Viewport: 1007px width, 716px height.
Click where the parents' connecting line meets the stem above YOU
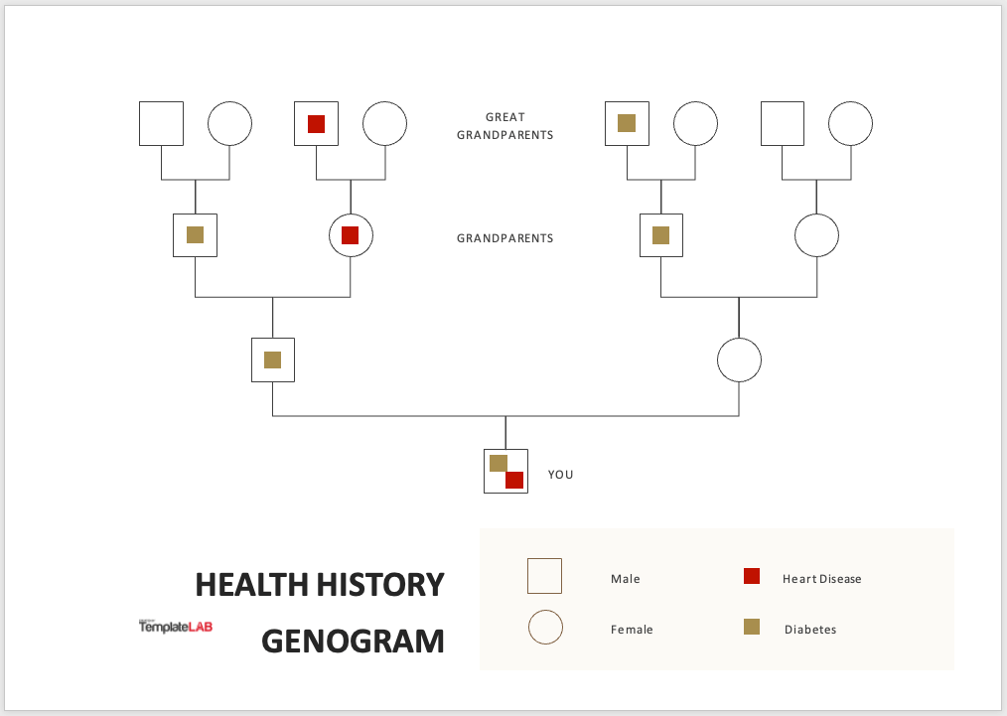click(x=505, y=416)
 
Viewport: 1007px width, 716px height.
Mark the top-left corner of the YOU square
click(x=485, y=450)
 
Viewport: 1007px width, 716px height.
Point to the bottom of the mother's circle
click(x=739, y=382)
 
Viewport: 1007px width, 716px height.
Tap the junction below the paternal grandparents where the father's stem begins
click(x=273, y=297)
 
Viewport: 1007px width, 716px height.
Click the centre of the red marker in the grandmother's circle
click(x=350, y=235)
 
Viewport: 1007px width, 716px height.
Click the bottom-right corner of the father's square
click(x=294, y=381)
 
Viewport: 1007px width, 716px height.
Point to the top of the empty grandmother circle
click(x=817, y=214)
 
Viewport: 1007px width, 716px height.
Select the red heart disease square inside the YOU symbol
click(x=514, y=480)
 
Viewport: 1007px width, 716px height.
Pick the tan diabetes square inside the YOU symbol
click(x=499, y=463)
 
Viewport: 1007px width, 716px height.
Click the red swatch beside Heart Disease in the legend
click(x=752, y=576)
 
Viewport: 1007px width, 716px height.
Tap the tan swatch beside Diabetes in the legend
click(x=752, y=627)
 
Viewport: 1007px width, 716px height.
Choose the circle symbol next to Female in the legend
click(x=545, y=628)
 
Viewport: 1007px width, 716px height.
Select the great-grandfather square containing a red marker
click(x=316, y=123)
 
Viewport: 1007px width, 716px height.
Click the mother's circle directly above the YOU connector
click(x=739, y=360)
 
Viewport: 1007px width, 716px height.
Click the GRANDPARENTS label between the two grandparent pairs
click(x=504, y=238)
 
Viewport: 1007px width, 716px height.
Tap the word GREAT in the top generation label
click(x=505, y=117)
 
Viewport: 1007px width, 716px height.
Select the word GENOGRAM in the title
click(x=353, y=641)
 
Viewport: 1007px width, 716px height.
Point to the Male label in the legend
click(x=626, y=579)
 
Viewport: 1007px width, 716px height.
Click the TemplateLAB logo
click(x=176, y=626)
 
